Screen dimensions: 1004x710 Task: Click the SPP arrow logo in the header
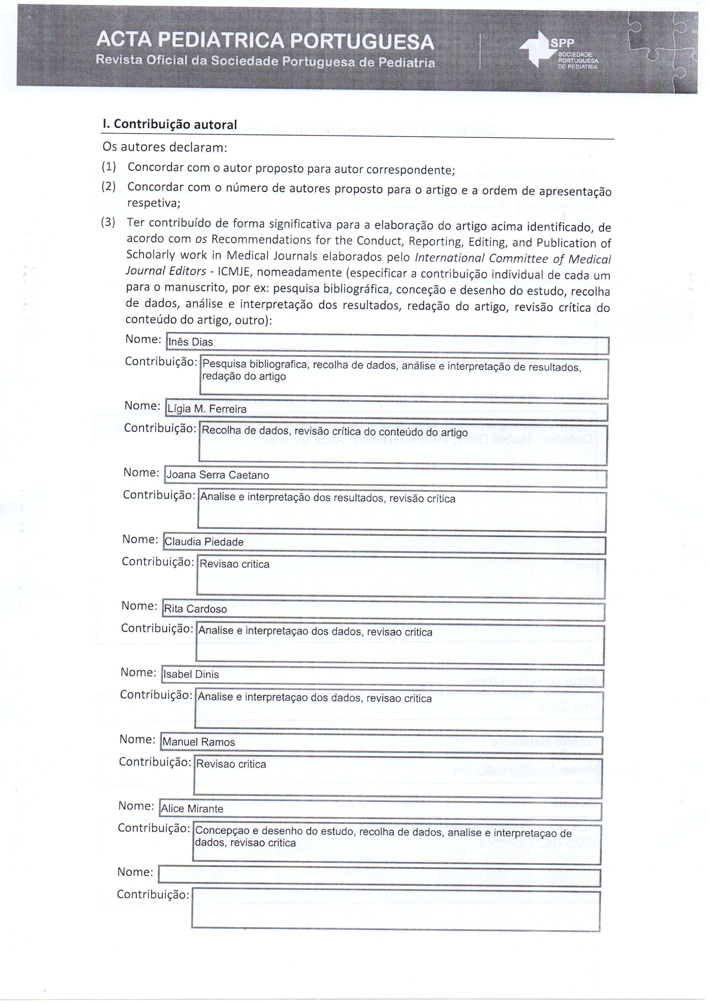click(x=535, y=49)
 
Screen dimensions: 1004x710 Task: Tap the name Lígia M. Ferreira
click(x=207, y=409)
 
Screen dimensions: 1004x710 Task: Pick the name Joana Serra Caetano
click(x=217, y=475)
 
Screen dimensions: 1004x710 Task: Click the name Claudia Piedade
click(x=204, y=542)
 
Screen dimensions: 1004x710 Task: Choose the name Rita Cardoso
click(x=195, y=609)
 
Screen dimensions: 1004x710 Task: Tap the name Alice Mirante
click(x=192, y=809)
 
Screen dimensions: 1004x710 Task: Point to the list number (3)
click(x=108, y=222)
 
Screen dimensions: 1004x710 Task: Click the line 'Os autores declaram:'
click(x=165, y=147)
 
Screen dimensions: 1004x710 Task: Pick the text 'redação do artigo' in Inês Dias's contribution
click(x=244, y=377)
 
